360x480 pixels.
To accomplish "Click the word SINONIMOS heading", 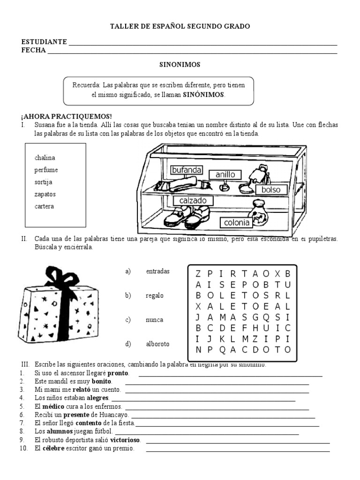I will [180, 65].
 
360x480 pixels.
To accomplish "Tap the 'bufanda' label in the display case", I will [187, 170].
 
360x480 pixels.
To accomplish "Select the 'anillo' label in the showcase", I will [225, 175].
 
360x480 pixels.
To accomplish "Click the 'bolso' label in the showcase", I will [271, 189].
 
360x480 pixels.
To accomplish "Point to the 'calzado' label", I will [193, 201].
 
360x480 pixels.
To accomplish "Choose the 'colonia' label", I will [237, 223].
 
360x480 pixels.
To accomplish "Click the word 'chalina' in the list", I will [45, 158].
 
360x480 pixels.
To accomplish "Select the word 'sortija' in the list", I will [43, 182].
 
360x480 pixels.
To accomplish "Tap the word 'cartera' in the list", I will [44, 206].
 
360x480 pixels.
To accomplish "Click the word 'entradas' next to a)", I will [157, 271].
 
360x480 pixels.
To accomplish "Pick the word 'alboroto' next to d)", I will [157, 344].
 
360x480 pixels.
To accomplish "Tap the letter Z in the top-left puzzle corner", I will [198, 273].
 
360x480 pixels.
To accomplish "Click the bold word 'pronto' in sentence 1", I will [118, 373].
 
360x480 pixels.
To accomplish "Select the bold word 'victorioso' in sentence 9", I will [128, 440].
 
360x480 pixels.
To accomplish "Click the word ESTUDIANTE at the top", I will [44, 42].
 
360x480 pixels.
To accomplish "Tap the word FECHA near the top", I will [33, 50].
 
